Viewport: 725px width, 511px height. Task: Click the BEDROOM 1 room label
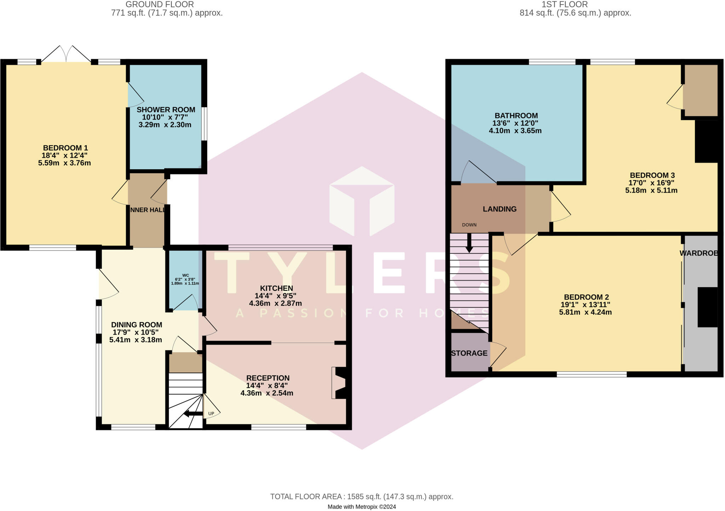coord(65,148)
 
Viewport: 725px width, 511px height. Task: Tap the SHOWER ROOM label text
coord(166,110)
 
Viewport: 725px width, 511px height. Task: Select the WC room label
coord(185,275)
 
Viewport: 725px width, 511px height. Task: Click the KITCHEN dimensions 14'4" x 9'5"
coord(275,296)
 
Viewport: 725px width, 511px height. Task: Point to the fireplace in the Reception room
coord(339,383)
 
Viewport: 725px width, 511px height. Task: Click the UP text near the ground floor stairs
coord(211,414)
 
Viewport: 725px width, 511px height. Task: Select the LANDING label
coord(499,209)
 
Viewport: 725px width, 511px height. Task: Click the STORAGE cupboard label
coord(469,353)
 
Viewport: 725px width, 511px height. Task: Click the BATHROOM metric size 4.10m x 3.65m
coord(515,131)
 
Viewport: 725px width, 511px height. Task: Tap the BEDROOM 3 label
coord(652,175)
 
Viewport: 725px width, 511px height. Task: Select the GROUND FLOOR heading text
coord(160,5)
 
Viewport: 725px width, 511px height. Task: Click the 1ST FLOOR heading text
coord(564,5)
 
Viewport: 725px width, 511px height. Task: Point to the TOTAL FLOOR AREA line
coord(361,496)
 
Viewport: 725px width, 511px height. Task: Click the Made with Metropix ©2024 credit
coord(361,507)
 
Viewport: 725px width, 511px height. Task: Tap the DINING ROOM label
coord(136,325)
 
